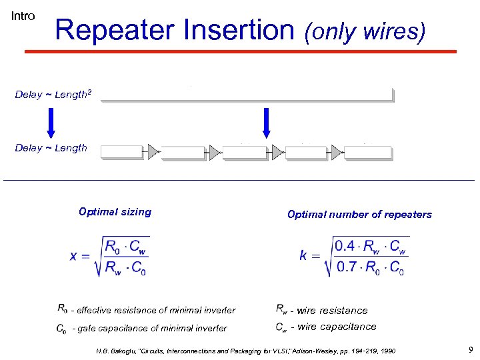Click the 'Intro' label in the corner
coord(23,16)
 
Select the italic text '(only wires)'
coord(364,31)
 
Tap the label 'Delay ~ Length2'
coord(51,95)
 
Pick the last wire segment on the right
coord(369,153)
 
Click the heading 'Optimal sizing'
coord(115,212)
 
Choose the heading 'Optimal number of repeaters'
coord(359,215)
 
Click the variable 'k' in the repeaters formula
coord(303,256)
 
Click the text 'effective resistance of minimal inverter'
coord(156,310)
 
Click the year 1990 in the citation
coord(385,351)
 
